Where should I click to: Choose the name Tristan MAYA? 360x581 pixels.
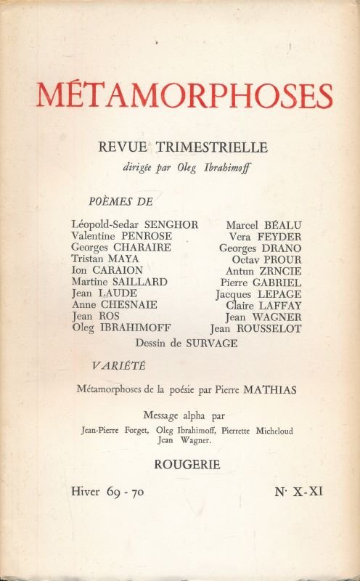pos(106,259)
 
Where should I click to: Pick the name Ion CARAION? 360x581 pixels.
pos(107,270)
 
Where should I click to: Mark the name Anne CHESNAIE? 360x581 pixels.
pos(115,304)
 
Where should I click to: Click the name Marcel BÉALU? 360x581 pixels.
pos(263,224)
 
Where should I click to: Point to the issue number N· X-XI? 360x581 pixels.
pos(298,492)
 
